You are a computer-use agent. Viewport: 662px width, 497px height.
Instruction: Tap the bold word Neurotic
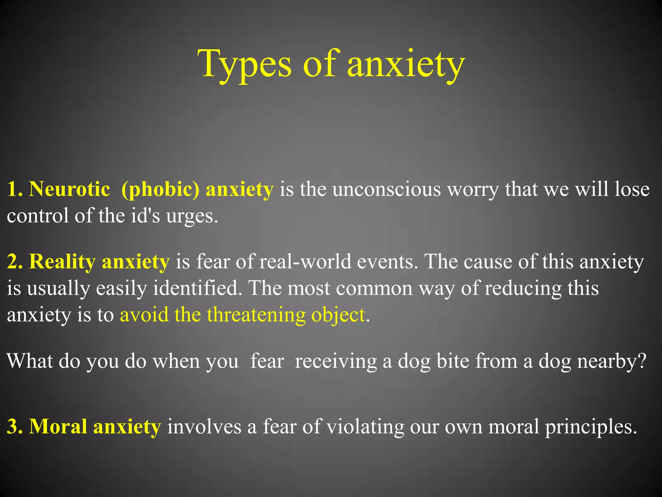tap(69, 189)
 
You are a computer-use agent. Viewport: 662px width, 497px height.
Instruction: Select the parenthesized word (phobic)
tap(160, 190)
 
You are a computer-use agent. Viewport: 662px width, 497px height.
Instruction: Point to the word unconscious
tap(387, 189)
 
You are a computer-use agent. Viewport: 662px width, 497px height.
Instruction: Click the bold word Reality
tap(62, 262)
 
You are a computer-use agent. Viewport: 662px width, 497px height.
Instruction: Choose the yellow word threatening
tap(256, 315)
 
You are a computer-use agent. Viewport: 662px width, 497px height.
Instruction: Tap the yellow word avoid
tap(144, 315)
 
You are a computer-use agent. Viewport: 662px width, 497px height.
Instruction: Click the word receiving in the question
tap(336, 361)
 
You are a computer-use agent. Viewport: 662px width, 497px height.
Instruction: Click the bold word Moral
tap(58, 426)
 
